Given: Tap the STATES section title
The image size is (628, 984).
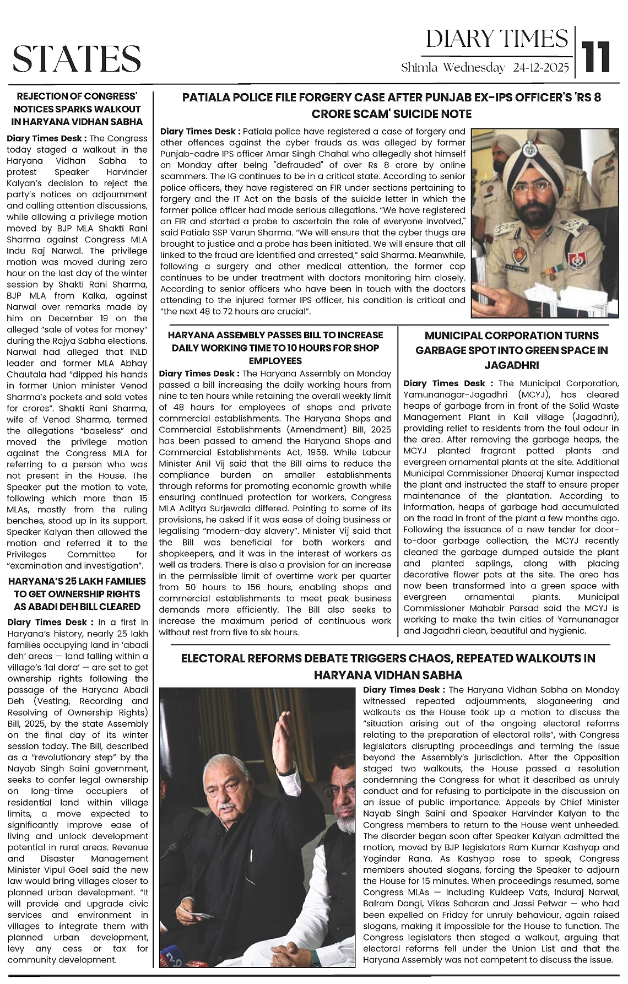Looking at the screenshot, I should pyautogui.click(x=77, y=58).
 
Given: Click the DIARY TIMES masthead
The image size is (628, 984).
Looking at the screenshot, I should pyautogui.click(x=497, y=39).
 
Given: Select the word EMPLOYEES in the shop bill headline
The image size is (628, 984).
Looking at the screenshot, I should pyautogui.click(x=276, y=361).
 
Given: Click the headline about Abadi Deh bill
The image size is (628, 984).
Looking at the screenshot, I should pyautogui.click(x=77, y=594).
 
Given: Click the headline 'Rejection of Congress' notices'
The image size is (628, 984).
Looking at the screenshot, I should pyautogui.click(x=77, y=109).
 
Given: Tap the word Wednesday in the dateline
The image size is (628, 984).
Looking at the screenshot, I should pyautogui.click(x=474, y=68).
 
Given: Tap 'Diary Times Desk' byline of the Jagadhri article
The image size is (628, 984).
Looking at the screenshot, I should pyautogui.click(x=444, y=383).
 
